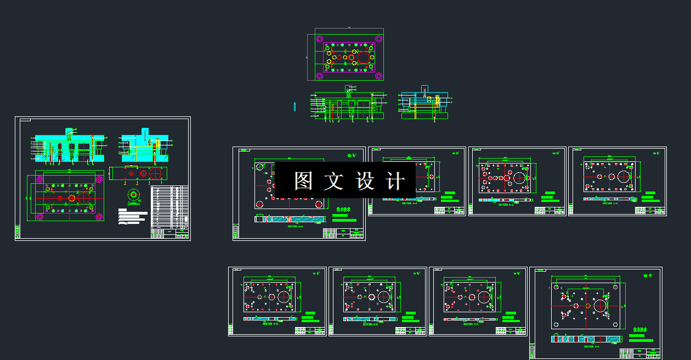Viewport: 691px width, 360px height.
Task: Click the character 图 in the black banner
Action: click(x=303, y=181)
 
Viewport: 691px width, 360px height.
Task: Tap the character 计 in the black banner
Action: click(x=395, y=181)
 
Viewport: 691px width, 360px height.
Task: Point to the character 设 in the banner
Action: click(x=365, y=181)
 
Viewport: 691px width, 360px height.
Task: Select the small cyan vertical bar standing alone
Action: click(x=294, y=106)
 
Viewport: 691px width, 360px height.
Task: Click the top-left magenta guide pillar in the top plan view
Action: click(x=319, y=38)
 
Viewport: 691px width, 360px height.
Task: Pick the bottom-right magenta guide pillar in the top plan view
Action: click(x=378, y=76)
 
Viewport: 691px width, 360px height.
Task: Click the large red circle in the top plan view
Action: click(x=364, y=57)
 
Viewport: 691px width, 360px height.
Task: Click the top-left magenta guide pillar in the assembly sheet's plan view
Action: click(x=39, y=179)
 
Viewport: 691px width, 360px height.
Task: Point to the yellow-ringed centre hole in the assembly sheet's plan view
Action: click(x=71, y=198)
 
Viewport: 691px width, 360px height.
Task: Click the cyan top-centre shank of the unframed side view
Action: click(x=423, y=91)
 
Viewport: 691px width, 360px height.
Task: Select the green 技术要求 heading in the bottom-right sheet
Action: click(x=640, y=330)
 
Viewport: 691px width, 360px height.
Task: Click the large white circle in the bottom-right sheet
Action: click(x=599, y=305)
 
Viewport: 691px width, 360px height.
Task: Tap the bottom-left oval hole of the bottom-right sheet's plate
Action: click(x=556, y=325)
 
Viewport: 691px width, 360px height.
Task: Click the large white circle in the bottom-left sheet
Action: click(x=284, y=296)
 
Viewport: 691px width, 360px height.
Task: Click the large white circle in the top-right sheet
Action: click(x=624, y=177)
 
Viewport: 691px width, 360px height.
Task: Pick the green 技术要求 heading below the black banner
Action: click(x=343, y=209)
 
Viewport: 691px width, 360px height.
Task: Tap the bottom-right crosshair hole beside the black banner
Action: click(x=319, y=204)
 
